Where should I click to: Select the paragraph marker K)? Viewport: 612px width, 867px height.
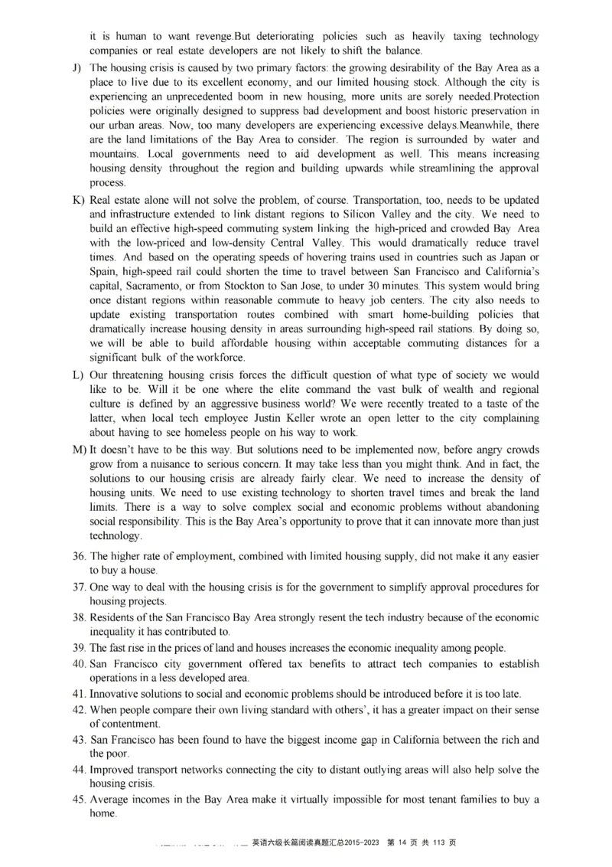tap(78, 200)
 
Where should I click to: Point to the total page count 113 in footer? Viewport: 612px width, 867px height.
tap(440, 842)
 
